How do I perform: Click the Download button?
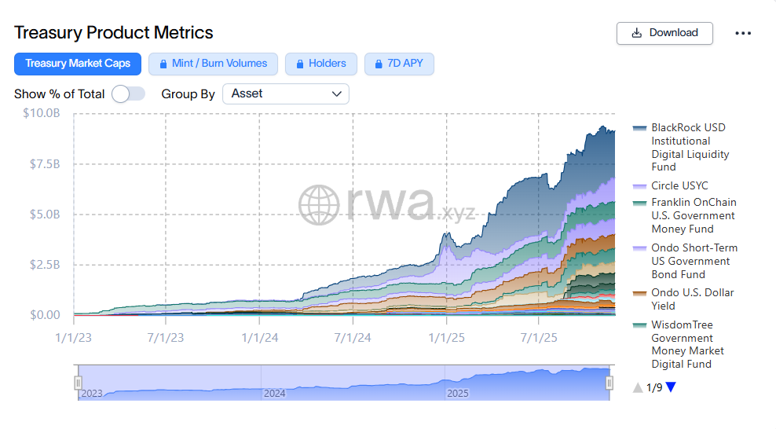(664, 33)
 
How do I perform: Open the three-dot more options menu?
(743, 33)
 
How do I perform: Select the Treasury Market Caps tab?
(78, 64)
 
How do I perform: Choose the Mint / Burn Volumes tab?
(213, 64)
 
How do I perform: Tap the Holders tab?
(320, 64)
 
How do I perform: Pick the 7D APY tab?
(399, 64)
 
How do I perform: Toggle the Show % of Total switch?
(128, 93)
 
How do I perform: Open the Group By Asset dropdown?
(286, 93)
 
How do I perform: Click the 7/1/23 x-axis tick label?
(166, 338)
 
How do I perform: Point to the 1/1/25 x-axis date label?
(446, 338)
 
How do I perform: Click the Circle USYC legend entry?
(679, 186)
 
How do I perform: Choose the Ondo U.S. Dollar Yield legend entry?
(692, 299)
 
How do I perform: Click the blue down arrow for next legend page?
(671, 387)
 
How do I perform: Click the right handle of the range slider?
(609, 383)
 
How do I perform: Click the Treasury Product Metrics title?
(114, 33)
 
